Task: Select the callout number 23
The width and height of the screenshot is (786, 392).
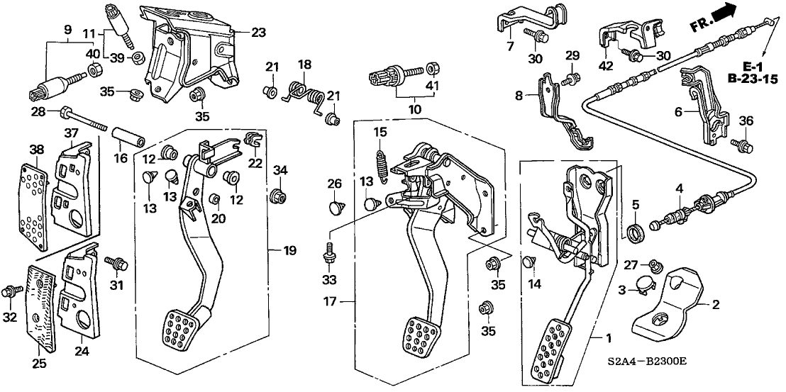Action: click(x=259, y=31)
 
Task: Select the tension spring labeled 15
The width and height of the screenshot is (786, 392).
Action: click(x=384, y=166)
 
